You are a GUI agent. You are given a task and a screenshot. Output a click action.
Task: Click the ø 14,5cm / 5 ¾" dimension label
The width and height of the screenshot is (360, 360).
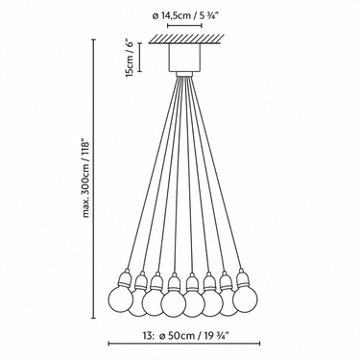point(184,16)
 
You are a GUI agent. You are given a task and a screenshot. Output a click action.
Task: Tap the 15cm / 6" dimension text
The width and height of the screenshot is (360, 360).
point(129,59)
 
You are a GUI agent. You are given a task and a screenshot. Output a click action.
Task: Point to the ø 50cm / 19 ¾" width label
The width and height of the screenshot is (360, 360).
point(194,336)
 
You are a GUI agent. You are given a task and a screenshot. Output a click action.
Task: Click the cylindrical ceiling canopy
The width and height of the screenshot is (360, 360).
point(184,58)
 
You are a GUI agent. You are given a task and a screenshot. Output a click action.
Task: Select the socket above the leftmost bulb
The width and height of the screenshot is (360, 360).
point(124,278)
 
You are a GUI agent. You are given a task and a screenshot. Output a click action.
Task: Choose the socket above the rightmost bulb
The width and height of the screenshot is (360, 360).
point(242,278)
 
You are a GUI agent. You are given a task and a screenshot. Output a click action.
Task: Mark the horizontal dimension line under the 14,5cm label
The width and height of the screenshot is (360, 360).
point(184,25)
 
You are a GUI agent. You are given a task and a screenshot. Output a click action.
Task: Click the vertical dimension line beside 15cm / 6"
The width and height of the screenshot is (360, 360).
point(140,57)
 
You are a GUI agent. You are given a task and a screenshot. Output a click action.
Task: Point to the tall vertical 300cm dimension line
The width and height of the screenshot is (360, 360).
point(94,179)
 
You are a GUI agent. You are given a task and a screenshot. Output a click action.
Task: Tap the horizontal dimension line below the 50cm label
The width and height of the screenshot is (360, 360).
point(184,344)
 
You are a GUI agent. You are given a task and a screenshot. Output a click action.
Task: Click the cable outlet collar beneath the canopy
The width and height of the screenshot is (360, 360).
point(184,74)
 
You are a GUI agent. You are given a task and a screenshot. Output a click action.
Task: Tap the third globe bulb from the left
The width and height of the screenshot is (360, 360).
point(154,303)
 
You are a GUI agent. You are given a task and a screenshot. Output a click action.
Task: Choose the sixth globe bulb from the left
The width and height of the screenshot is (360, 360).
point(212,303)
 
